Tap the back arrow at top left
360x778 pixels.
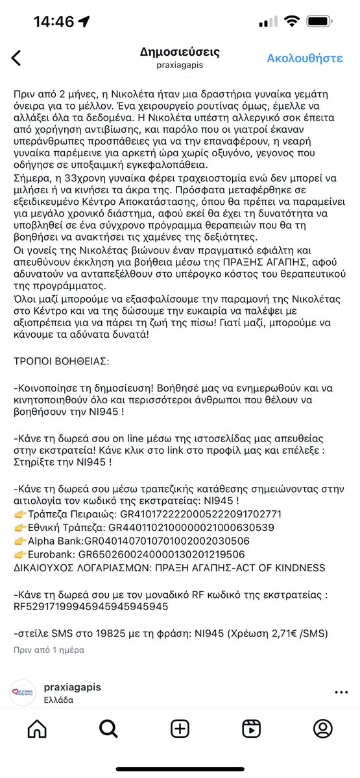pyautogui.click(x=16, y=58)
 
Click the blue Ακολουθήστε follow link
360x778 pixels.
pyautogui.click(x=304, y=58)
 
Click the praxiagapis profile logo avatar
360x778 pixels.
pyautogui.click(x=22, y=692)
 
